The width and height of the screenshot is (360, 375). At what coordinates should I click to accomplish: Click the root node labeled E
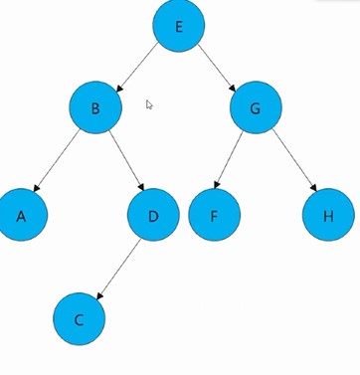[179, 26]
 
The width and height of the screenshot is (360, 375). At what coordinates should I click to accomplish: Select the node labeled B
[95, 107]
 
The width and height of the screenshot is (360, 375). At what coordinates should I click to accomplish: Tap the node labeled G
[256, 107]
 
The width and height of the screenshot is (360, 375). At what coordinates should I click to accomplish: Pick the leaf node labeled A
[22, 215]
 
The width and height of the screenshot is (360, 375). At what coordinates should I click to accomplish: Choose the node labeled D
[153, 215]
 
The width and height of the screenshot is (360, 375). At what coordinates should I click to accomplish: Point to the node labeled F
[214, 215]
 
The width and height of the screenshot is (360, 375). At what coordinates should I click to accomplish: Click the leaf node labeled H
[328, 215]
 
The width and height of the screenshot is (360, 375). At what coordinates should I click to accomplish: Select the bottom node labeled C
[79, 319]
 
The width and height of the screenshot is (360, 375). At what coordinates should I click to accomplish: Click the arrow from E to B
[136, 68]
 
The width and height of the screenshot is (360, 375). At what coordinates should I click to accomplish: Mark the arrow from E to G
[217, 68]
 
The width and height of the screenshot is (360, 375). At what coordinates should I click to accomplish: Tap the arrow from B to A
[57, 160]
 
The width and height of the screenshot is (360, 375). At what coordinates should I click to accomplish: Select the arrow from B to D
[126, 161]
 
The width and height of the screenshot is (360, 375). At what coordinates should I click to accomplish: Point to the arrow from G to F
[228, 160]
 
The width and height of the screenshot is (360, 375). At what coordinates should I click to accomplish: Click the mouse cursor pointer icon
[149, 104]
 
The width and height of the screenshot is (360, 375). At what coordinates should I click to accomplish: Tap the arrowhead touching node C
[100, 296]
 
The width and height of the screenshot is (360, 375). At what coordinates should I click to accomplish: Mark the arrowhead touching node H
[313, 188]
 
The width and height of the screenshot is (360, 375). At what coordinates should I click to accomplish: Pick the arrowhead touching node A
[37, 188]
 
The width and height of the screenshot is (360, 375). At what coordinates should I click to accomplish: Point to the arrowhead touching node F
[217, 185]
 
